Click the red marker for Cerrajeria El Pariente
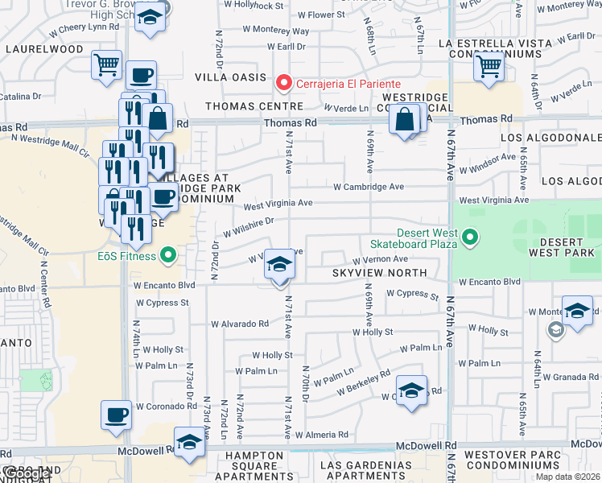coord(282,83)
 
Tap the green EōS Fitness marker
coord(167,257)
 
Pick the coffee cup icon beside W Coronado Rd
coord(117,415)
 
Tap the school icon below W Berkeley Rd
coord(411,391)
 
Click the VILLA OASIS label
coord(230,77)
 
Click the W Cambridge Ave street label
coord(369,187)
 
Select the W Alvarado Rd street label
coord(240,324)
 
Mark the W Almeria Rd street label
coord(322,435)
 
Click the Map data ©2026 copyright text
coord(567,477)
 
